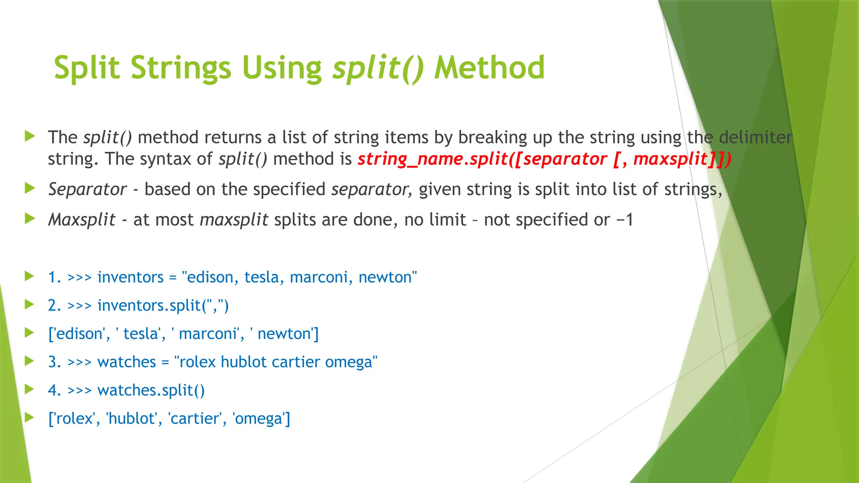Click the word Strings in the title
click(x=180, y=68)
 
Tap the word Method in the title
click(x=489, y=68)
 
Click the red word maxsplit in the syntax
click(x=670, y=159)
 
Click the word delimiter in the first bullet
click(x=755, y=138)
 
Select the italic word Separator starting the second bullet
click(x=87, y=190)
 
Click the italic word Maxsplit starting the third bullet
click(x=82, y=220)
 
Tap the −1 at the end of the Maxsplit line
click(x=625, y=220)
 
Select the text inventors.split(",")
click(x=163, y=305)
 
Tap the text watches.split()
click(x=151, y=390)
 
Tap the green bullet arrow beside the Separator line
click(x=29, y=188)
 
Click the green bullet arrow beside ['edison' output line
click(x=29, y=333)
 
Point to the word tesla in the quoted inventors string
click(x=263, y=277)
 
